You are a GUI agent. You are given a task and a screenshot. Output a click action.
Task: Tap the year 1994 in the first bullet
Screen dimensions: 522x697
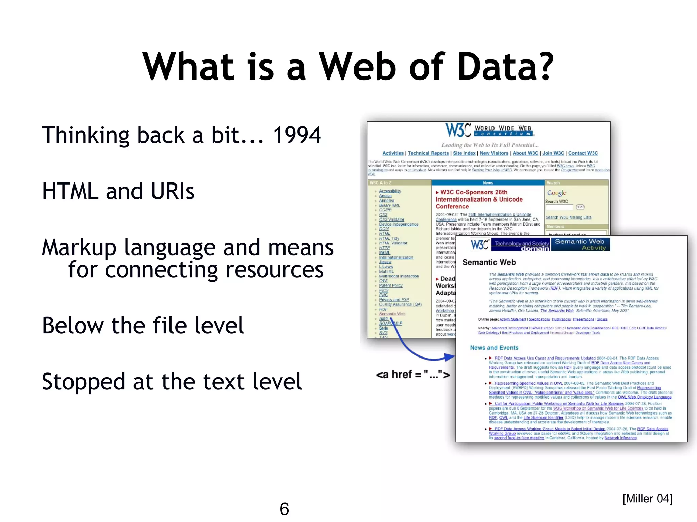click(297, 135)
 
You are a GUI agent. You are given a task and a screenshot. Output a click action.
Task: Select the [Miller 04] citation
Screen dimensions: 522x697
click(647, 499)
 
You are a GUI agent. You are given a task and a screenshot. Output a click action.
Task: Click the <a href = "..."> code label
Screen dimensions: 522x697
click(413, 375)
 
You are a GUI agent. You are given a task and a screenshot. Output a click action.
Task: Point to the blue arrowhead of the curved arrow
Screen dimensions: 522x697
click(450, 357)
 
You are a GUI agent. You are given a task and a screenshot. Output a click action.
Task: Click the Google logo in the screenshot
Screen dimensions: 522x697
click(556, 193)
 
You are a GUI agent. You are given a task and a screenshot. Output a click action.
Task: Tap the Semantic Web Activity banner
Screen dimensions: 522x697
click(580, 244)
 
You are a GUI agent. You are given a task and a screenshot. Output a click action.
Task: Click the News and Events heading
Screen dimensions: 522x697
click(494, 348)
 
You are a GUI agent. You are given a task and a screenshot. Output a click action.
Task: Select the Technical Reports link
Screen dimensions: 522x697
click(428, 153)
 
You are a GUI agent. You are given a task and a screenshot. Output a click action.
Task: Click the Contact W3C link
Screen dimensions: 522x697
click(583, 153)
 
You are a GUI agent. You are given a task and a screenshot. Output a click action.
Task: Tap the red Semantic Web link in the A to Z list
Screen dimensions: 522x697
click(392, 314)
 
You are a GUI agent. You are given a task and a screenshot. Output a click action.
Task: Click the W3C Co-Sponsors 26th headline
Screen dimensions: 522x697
click(474, 192)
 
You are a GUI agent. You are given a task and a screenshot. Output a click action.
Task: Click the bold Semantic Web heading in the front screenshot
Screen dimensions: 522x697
click(489, 262)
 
